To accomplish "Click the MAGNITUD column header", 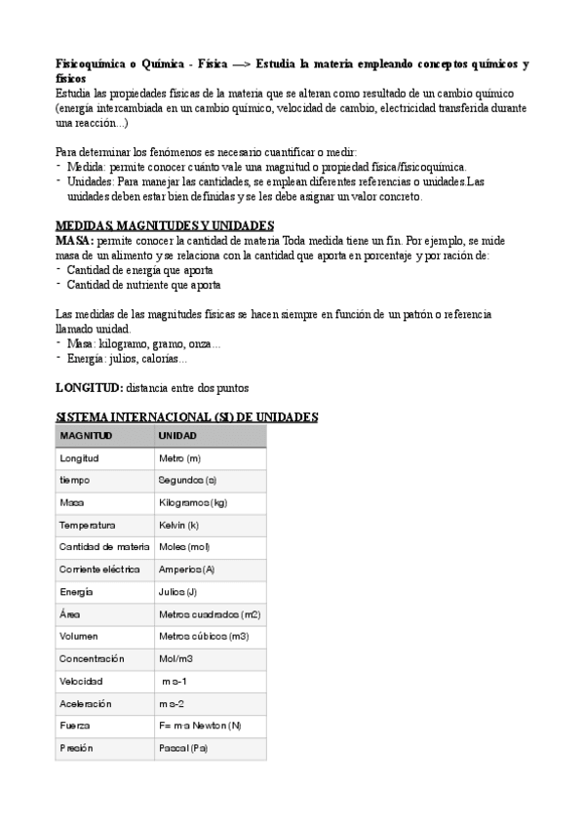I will (86, 435).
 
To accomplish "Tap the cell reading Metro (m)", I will (179, 457).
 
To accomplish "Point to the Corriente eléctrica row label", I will (99, 569).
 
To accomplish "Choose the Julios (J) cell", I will (177, 591).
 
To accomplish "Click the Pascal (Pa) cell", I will (182, 748).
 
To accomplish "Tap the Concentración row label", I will (92, 658).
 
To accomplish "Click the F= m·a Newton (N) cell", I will (200, 726).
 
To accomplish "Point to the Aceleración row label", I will (86, 703).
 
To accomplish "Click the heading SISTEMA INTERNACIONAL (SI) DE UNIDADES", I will (186, 416).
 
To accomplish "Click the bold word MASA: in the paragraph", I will (76, 240).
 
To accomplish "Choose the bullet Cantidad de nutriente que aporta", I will (142, 286).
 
